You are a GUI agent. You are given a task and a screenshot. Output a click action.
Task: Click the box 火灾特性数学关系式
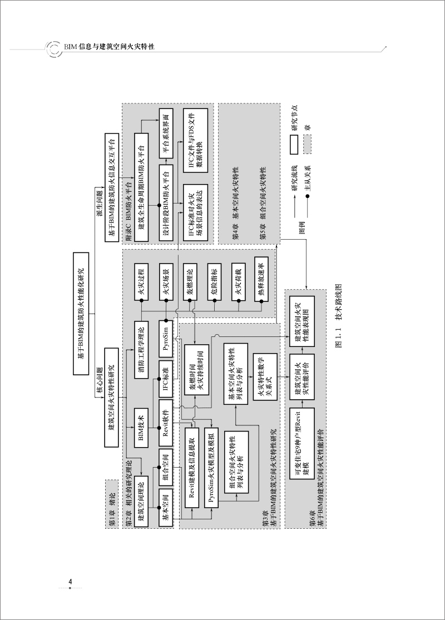[261, 385]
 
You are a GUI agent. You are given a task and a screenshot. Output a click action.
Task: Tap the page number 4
[70, 582]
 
